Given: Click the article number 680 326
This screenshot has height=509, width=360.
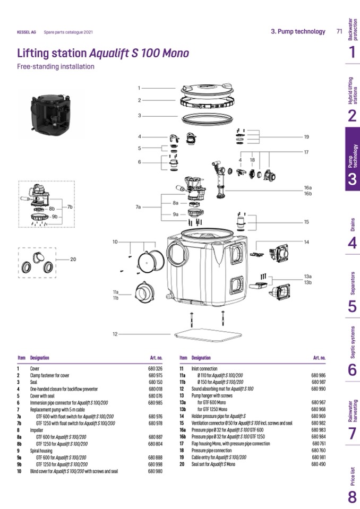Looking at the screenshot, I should [x=155, y=368].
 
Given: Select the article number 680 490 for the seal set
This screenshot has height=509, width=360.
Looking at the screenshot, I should [x=319, y=464].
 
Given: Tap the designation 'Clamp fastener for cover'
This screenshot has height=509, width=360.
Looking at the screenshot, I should [x=52, y=375].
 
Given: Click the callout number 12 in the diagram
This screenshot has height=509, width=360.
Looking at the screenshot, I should [x=115, y=334].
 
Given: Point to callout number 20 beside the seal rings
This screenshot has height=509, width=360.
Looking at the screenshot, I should [x=73, y=260].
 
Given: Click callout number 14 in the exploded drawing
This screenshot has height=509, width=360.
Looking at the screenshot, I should [x=306, y=242].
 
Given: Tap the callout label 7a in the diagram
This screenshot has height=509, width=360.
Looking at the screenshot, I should [x=139, y=206].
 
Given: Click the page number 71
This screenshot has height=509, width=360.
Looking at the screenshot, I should [x=339, y=31].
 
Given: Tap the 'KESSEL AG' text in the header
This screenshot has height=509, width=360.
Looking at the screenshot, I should [x=27, y=32].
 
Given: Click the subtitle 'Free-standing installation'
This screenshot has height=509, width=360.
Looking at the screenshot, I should [x=56, y=67].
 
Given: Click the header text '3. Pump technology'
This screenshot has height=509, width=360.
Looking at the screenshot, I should [x=298, y=31].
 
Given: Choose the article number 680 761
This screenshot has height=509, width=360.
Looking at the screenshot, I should [x=319, y=443].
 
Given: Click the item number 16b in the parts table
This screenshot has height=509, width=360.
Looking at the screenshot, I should [x=183, y=436].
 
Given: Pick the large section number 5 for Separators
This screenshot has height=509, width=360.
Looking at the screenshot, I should [x=352, y=306].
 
